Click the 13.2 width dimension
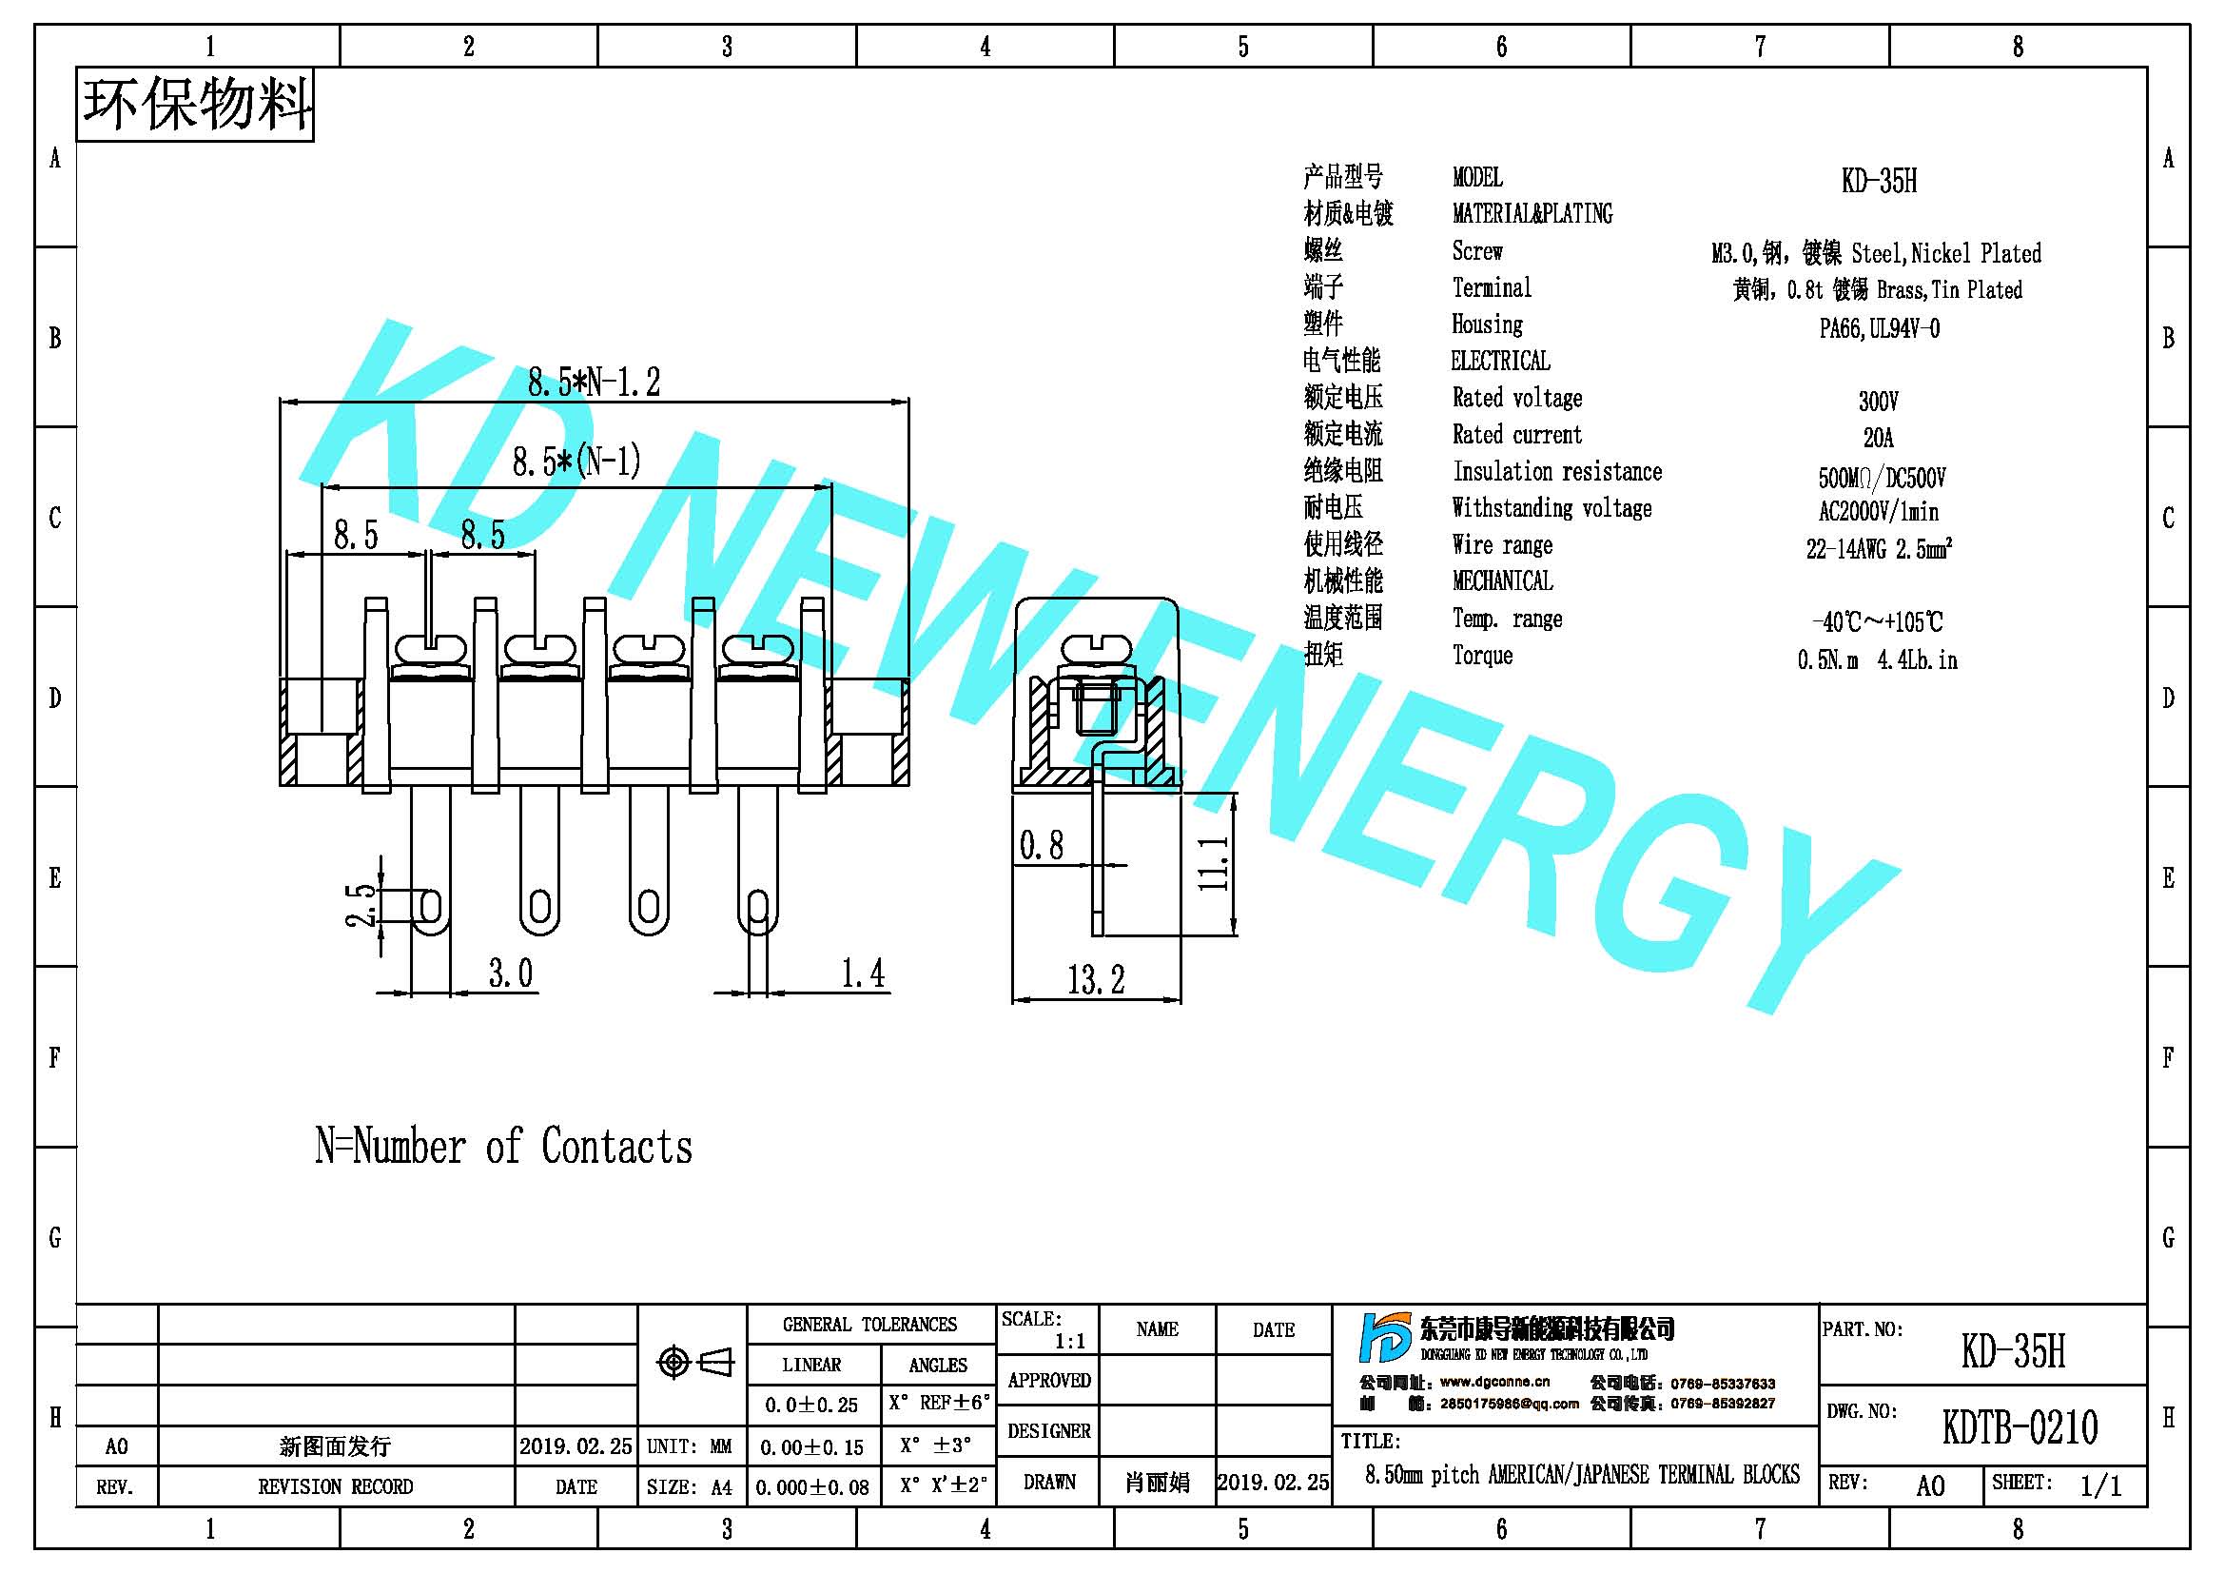click(x=1096, y=980)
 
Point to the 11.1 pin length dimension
click(x=1213, y=863)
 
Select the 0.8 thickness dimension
click(x=1041, y=845)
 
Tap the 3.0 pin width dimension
click(x=511, y=973)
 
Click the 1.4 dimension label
click(x=863, y=973)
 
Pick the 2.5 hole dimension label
click(x=361, y=904)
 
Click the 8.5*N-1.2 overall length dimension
click(x=594, y=382)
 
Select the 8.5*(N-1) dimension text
click(x=576, y=462)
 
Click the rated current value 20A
click(x=1878, y=438)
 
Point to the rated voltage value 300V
click(x=1878, y=402)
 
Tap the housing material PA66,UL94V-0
click(x=1879, y=328)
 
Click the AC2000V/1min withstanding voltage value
click(x=1878, y=512)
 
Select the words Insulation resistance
click(x=1557, y=472)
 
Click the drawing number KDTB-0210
click(x=2020, y=1426)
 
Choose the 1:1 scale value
click(x=1070, y=1342)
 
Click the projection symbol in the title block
click(x=694, y=1363)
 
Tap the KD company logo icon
click(x=1385, y=1339)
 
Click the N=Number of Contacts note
click(x=504, y=1146)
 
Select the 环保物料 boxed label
click(x=195, y=105)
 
